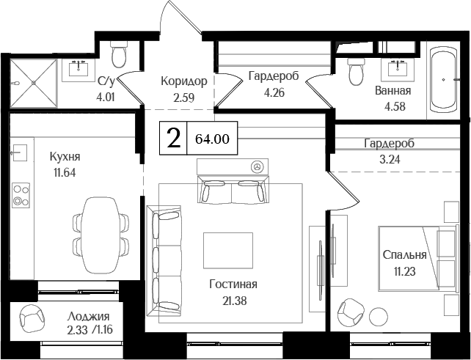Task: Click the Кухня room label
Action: pos(65,157)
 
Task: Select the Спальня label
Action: pos(404,255)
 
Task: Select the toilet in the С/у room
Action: pos(119,53)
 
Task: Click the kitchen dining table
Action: pos(97,225)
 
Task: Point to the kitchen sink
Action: pos(18,153)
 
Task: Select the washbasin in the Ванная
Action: pos(399,70)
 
